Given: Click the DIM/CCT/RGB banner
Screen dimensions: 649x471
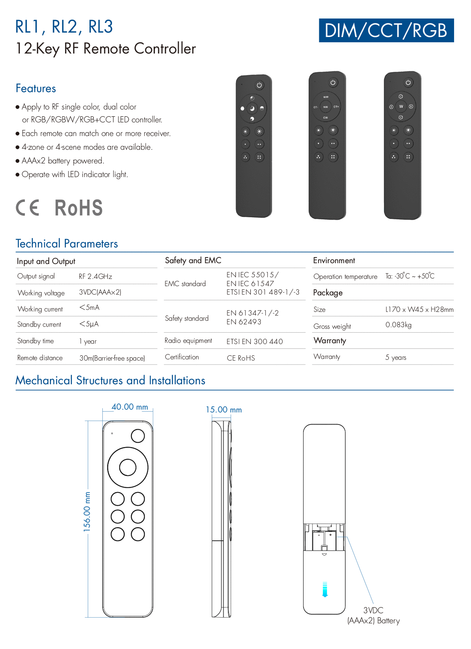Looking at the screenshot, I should click(386, 31).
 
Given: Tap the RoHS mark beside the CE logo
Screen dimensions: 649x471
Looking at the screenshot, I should click(78, 208).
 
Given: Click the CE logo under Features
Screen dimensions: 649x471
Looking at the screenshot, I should click(28, 208).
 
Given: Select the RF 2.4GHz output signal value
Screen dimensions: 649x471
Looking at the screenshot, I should click(95, 276).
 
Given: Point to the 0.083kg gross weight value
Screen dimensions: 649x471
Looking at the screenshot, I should click(398, 325).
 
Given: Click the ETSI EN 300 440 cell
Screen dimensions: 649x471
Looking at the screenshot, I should click(254, 342).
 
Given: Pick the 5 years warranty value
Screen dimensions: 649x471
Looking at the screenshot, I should click(395, 357).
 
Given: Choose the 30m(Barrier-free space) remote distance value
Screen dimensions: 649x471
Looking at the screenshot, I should click(112, 358).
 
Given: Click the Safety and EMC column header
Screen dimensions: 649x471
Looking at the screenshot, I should click(193, 260).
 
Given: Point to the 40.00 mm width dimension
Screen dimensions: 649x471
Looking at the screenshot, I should click(130, 407).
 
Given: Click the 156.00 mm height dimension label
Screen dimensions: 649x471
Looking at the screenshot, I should click(87, 512).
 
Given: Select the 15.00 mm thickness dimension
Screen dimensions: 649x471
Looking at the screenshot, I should click(223, 410).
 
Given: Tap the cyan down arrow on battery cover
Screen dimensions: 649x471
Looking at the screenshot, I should click(325, 589).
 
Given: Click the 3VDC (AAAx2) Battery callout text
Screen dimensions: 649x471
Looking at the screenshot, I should click(373, 616).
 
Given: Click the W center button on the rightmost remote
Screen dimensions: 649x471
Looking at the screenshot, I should click(401, 107).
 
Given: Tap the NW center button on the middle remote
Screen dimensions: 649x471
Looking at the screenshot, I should click(326, 107).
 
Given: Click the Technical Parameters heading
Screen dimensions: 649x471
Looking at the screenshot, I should click(67, 243).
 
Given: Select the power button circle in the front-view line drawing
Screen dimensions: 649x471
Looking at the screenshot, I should click(138, 435).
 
